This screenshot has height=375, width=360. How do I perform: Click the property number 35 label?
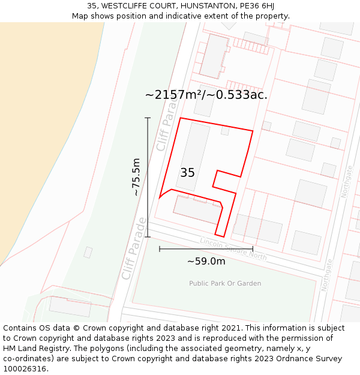pyautogui.click(x=187, y=173)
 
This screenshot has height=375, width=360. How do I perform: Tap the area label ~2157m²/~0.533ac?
pyautogui.click(x=206, y=95)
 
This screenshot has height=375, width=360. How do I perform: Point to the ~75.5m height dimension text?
pyautogui.click(x=136, y=177)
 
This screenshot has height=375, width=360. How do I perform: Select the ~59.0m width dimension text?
pyautogui.click(x=206, y=261)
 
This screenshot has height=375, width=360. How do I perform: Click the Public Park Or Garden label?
pyautogui.click(x=225, y=283)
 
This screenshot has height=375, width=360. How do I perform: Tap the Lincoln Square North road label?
pyautogui.click(x=233, y=248)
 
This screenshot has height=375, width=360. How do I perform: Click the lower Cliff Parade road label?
pyautogui.click(x=134, y=248)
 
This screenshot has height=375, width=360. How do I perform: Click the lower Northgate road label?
pyautogui.click(x=328, y=275)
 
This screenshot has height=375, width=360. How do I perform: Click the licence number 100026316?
pyautogui.click(x=25, y=369)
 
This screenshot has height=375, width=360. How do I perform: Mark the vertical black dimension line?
pyautogui.click(x=148, y=177)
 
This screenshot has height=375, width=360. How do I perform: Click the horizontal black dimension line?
pyautogui.click(x=206, y=248)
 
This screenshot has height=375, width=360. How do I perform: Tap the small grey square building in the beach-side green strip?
pyautogui.click(x=88, y=253)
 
